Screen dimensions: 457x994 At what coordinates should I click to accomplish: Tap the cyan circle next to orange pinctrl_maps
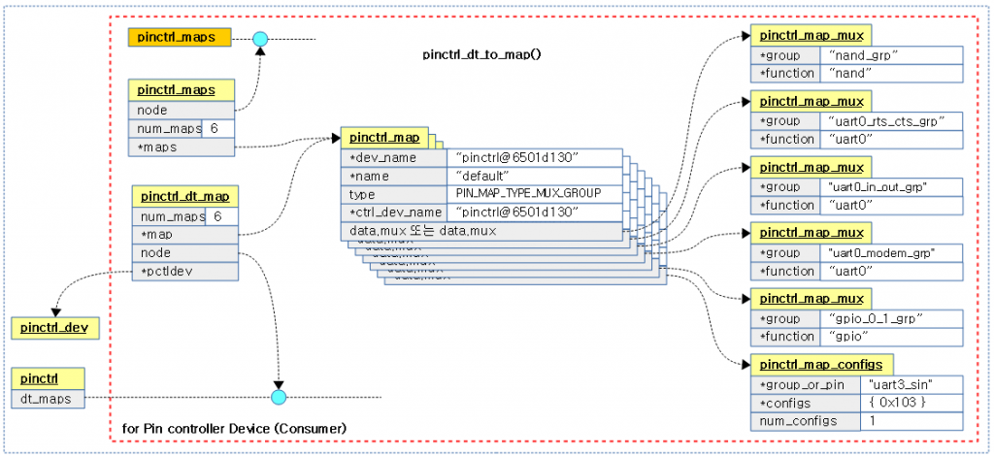[259, 39]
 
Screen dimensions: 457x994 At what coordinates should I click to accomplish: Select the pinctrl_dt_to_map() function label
[481, 54]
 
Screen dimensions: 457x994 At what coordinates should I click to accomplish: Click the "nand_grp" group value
[891, 55]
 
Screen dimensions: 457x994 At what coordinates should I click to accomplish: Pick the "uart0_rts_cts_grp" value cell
[891, 120]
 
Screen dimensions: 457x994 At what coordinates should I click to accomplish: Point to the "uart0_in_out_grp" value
[891, 186]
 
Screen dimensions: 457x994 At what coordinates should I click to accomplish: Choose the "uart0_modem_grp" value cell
[891, 253]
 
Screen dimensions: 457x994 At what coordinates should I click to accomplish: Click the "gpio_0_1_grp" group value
[891, 318]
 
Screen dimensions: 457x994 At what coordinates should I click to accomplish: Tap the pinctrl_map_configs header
[821, 365]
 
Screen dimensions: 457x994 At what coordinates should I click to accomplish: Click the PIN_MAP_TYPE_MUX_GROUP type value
[535, 193]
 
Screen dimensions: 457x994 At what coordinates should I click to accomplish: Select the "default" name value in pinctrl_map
[535, 176]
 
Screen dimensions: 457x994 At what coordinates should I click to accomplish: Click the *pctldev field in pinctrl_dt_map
[184, 270]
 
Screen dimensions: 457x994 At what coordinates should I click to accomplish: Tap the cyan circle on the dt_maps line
[280, 397]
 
